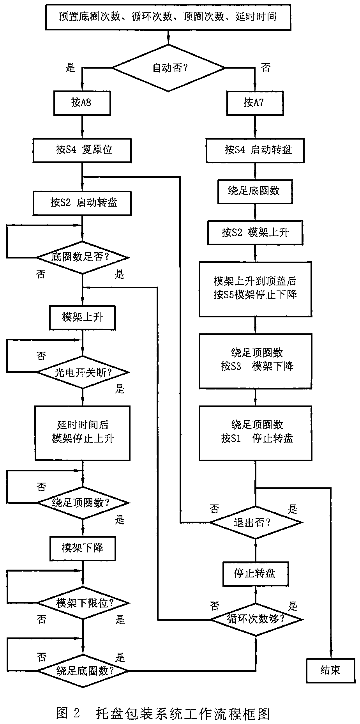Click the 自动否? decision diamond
coord(169,68)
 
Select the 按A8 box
coord(82,103)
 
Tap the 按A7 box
coord(255,103)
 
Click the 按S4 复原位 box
coord(82,150)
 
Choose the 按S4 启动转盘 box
coord(255,150)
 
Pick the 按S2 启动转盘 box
coord(82,203)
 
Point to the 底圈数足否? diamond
coord(83,257)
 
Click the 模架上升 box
coord(82,317)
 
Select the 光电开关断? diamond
coord(83,372)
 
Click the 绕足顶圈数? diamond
coord(83,503)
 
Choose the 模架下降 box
coord(82,548)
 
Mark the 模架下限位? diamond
coord(83,603)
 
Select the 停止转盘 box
coord(255,574)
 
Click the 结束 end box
coord(330,671)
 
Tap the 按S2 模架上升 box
coord(255,233)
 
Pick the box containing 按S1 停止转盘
coord(255,433)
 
